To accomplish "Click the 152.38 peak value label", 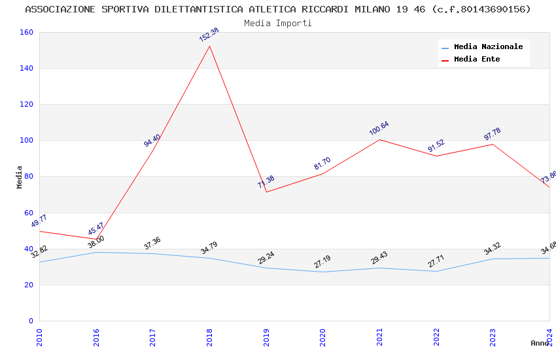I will [209, 35].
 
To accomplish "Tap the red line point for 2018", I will [209, 46].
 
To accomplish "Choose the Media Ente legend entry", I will [477, 60].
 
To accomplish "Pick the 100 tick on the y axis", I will [26, 141].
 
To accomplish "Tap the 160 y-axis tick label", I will [26, 33].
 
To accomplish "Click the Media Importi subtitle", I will [278, 23].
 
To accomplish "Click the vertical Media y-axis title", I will [20, 177].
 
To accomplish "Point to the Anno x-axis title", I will [540, 343].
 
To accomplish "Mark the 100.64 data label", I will [379, 128].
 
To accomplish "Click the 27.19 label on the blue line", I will [322, 262].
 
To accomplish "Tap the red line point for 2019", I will [266, 192].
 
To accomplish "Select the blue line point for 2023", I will [493, 259].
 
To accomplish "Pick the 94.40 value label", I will [152, 140].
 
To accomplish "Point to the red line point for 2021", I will [379, 139].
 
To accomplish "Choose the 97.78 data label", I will [493, 134].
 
